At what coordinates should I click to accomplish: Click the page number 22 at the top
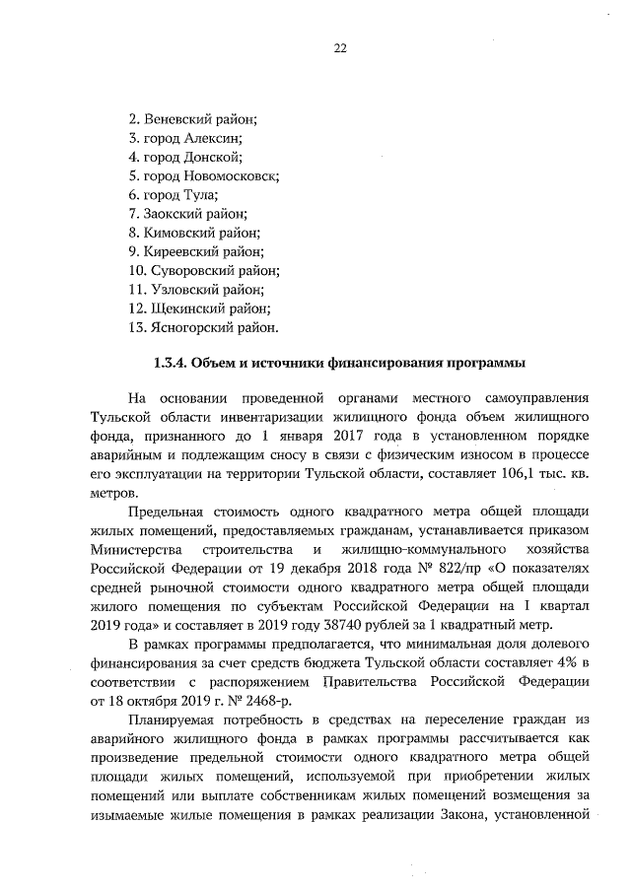tap(340, 47)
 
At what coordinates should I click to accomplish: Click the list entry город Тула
tap(174, 194)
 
